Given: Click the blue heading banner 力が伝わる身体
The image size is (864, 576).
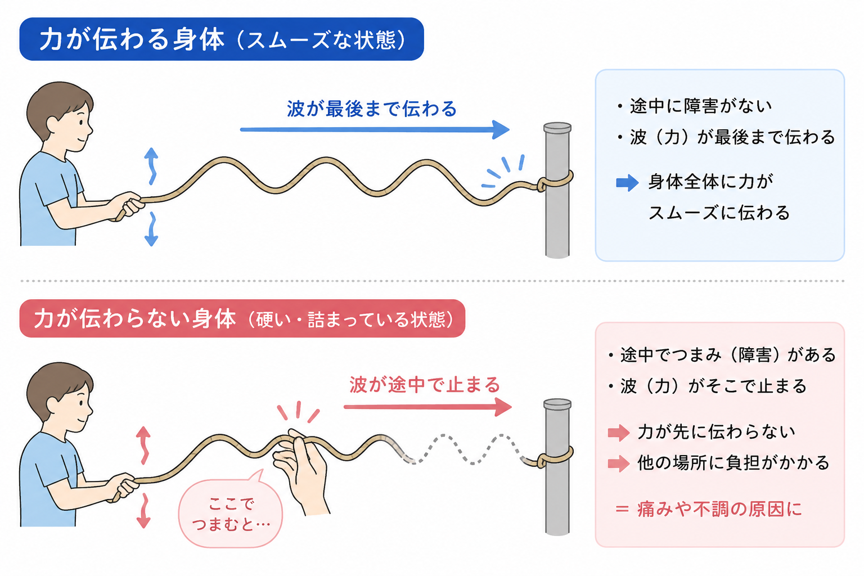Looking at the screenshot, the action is pos(222,39).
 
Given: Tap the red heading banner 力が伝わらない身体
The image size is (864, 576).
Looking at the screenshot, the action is pos(242,319).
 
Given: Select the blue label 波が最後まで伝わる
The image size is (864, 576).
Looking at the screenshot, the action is pos(372,109).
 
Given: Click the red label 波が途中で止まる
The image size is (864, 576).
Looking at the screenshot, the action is pos(425,385).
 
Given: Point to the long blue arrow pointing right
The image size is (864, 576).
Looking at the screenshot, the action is pos(375,129).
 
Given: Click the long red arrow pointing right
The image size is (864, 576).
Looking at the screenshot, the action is pos(427,407).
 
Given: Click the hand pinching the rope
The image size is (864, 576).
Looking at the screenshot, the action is pos(301,471).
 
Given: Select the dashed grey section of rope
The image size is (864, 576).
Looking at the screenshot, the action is pos(463,449).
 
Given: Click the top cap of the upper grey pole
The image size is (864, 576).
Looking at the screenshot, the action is pos(557,128).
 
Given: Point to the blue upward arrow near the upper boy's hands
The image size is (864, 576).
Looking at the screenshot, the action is pos(151,166).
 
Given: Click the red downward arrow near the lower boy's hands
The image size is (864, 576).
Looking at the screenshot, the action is pos(144,510).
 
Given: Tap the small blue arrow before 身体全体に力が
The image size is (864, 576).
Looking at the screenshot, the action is pos(628,182).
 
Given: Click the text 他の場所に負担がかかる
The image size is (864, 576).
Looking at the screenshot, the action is pos(733,462).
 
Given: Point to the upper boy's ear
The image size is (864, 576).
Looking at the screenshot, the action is pos(53,124).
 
